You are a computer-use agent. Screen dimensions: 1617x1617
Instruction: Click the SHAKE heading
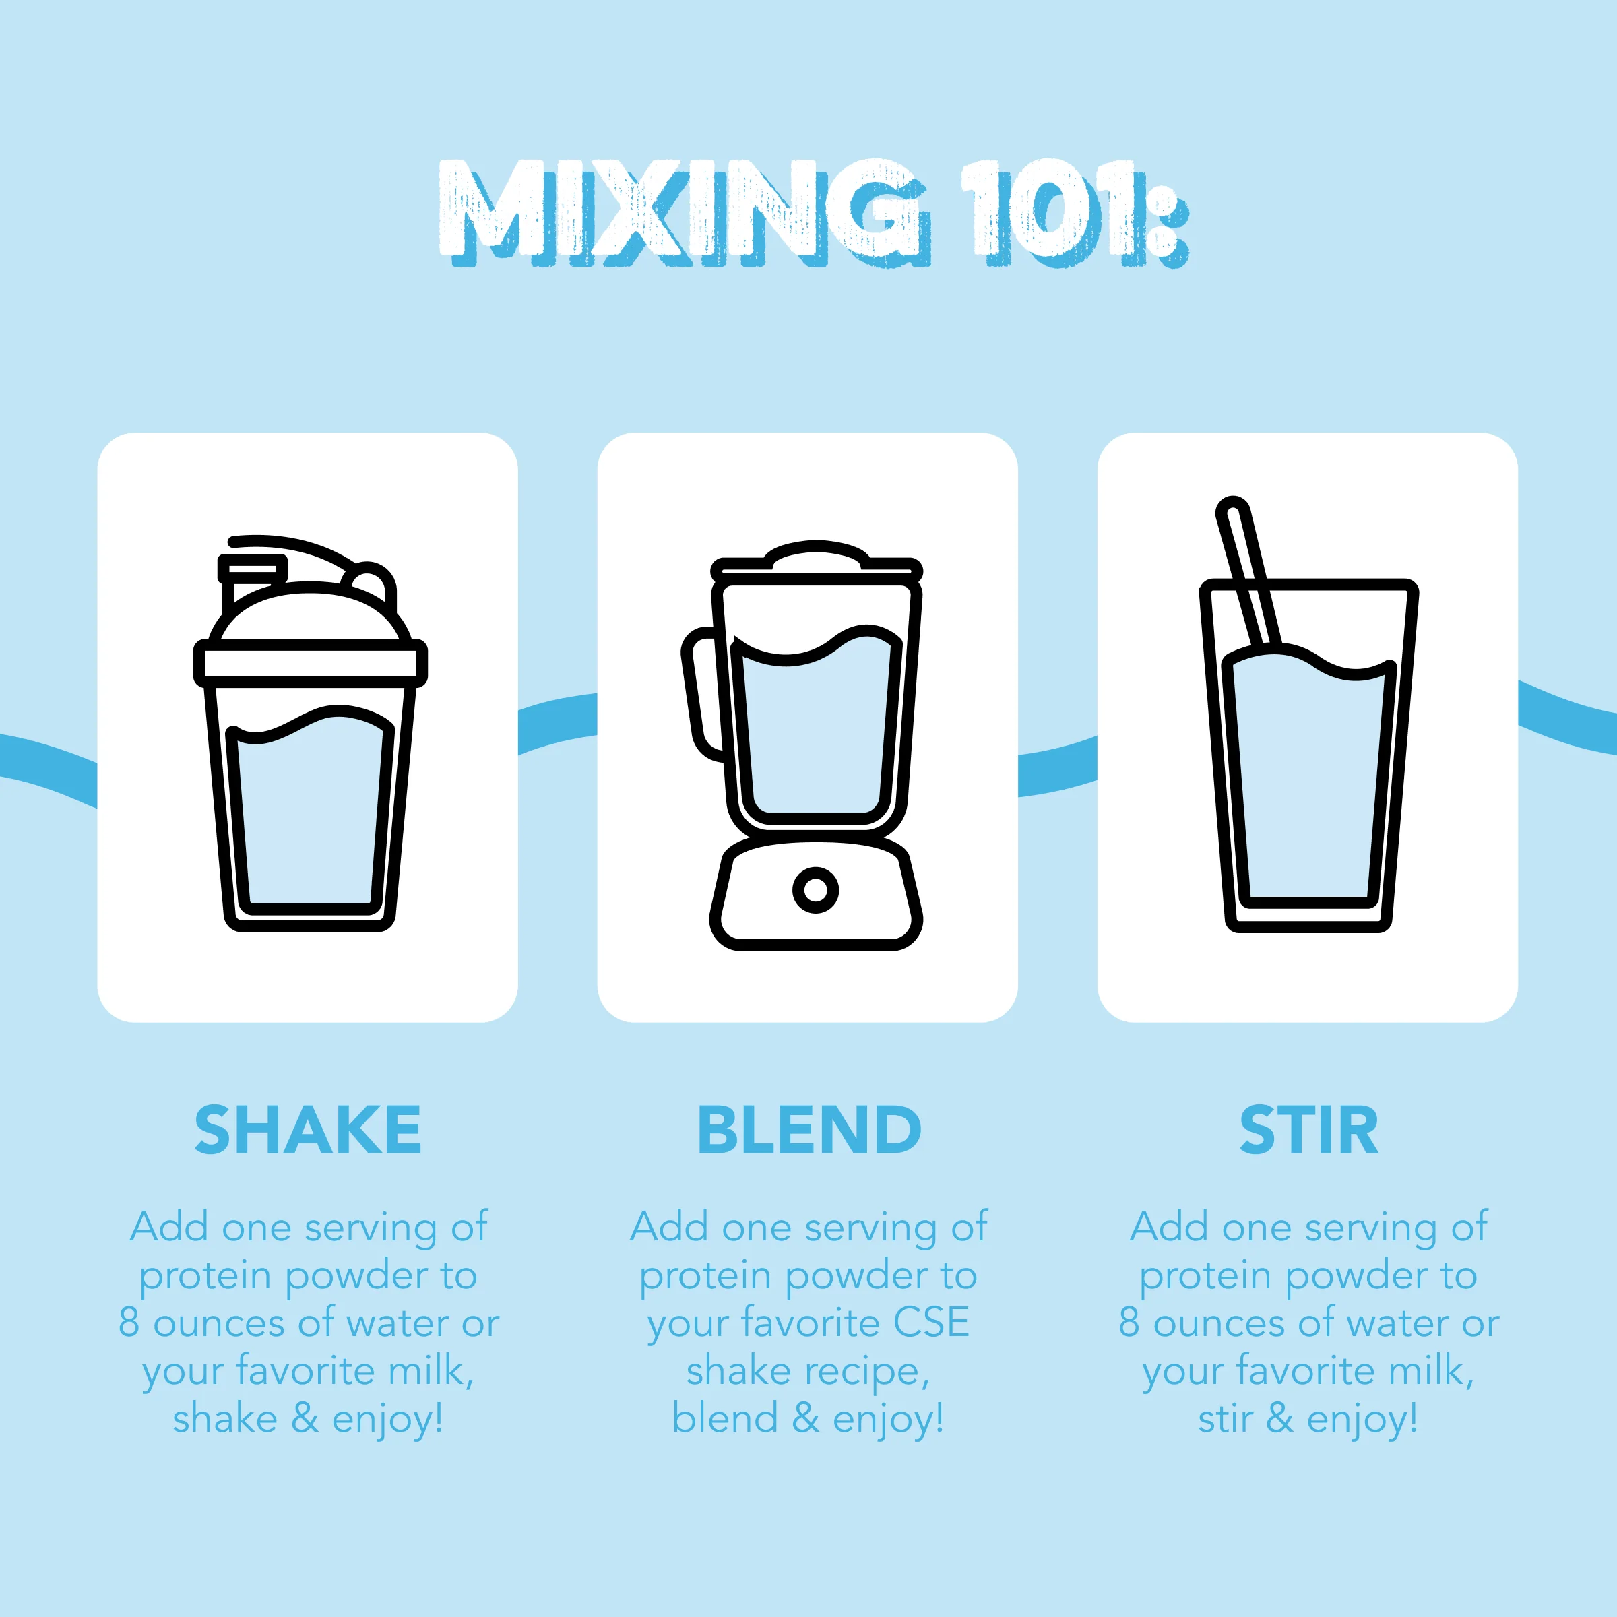tap(308, 1130)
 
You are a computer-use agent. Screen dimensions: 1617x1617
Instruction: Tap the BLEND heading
tap(808, 1130)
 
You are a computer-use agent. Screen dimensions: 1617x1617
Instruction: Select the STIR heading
tap(1308, 1130)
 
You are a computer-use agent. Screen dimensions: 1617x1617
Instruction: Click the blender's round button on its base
tap(815, 889)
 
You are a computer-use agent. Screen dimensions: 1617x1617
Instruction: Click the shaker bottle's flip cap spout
tap(251, 569)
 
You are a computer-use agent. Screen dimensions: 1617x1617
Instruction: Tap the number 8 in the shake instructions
tap(129, 1323)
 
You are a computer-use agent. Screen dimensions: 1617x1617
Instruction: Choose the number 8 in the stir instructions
tap(1129, 1323)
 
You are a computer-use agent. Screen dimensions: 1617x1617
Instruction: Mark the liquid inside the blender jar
tap(815, 736)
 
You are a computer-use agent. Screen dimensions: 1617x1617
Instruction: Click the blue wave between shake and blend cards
tap(557, 722)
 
